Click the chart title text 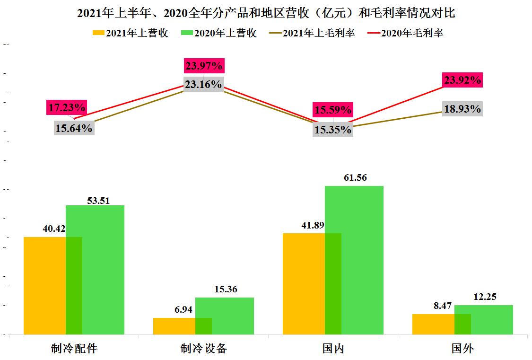266,13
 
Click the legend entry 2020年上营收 218,33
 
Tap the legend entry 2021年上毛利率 312,33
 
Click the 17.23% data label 66,108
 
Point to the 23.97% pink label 204,66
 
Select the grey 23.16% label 203,84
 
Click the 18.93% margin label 462,109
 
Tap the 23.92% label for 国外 462,80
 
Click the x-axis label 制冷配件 74,349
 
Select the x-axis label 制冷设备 204,349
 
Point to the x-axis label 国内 333,349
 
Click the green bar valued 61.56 362,260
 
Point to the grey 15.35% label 333,129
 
